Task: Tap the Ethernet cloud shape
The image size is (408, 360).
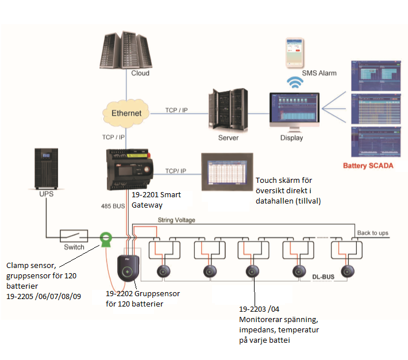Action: (125, 113)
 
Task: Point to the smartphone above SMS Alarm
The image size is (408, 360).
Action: (295, 53)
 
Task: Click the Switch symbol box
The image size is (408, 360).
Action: (74, 235)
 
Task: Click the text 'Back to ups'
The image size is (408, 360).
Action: (372, 233)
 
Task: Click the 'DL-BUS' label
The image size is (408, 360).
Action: (324, 277)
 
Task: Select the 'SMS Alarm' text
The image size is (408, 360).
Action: (319, 73)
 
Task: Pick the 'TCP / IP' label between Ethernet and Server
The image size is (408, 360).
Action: (177, 109)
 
